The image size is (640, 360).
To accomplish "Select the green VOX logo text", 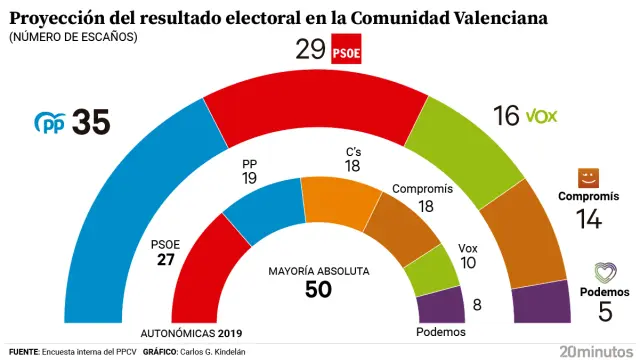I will click(x=541, y=116).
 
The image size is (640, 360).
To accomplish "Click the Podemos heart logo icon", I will click(x=605, y=272).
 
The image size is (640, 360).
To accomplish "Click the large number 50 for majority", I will click(x=319, y=290).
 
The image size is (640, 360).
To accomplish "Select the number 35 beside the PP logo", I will click(x=91, y=123).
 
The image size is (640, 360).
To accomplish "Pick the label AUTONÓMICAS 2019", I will click(x=193, y=333).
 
